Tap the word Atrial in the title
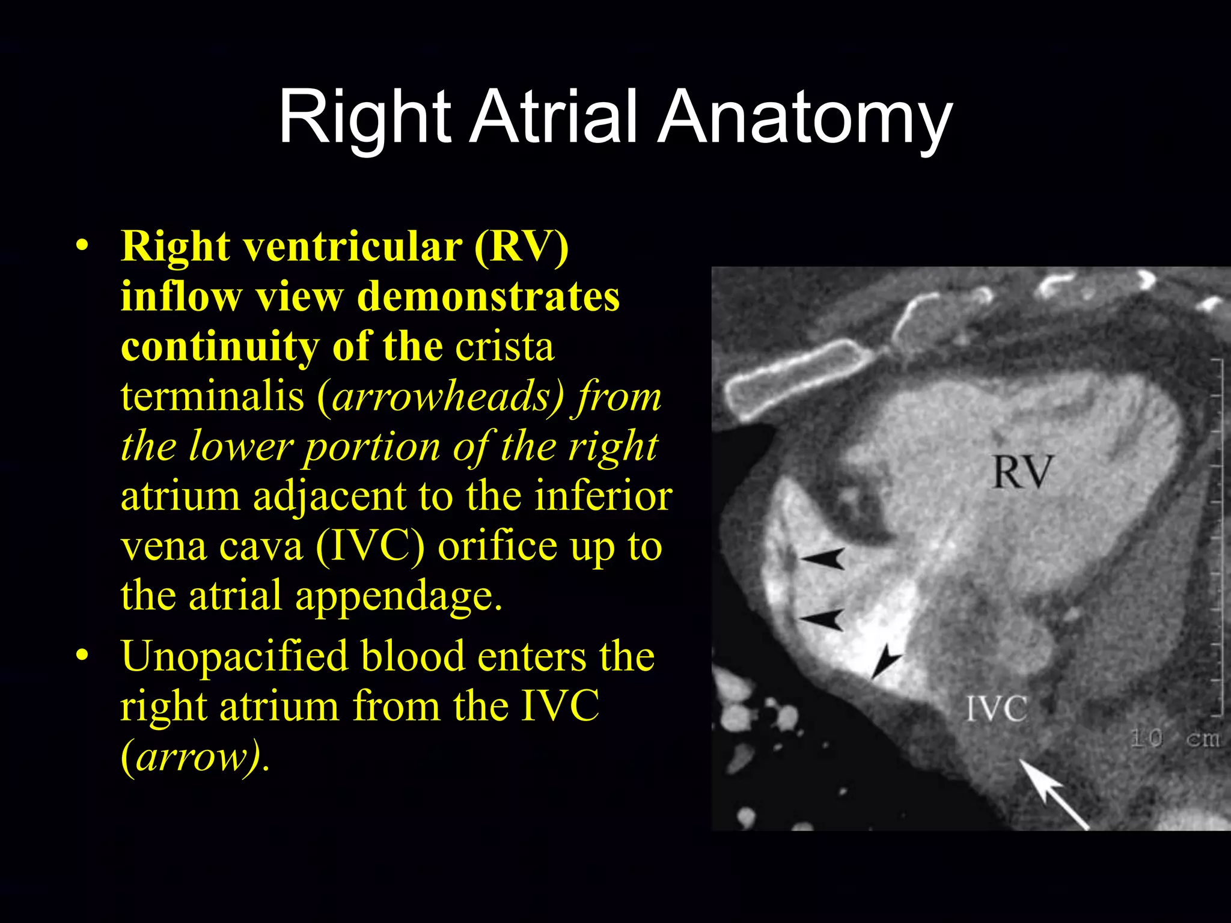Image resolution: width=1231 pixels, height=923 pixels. pos(553,117)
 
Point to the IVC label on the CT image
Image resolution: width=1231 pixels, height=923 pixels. pos(996,709)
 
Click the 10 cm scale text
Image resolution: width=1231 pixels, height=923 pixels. pos(1175,739)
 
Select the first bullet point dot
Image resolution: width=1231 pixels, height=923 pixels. pos(82,246)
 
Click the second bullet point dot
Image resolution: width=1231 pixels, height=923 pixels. pos(82,656)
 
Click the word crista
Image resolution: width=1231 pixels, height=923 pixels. pos(504,347)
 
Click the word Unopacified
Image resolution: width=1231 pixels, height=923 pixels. pos(234,656)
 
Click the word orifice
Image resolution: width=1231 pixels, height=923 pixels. pos(498,546)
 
